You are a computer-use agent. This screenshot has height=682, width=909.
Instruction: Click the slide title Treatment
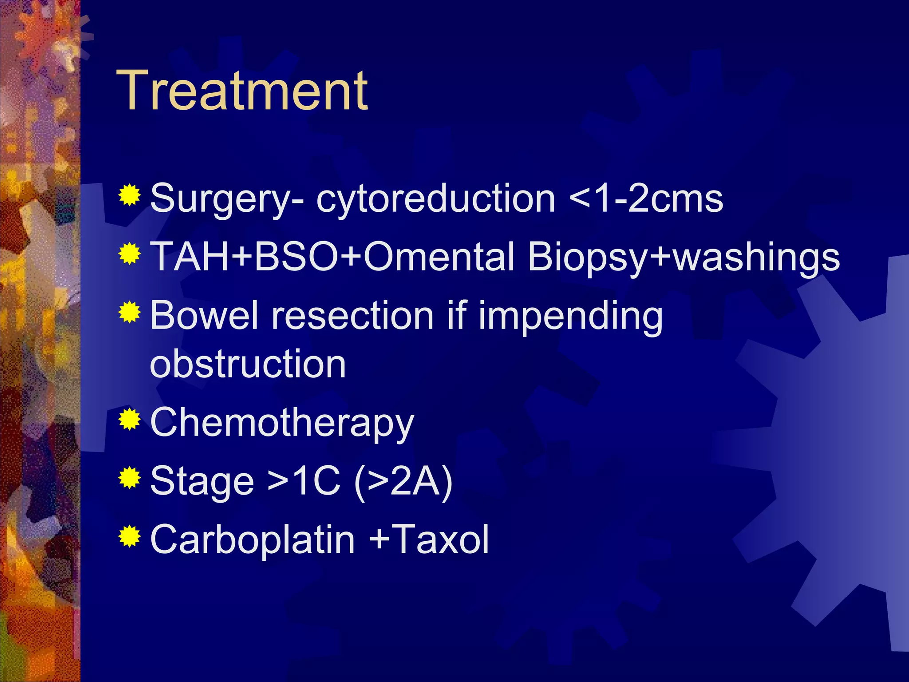point(242,91)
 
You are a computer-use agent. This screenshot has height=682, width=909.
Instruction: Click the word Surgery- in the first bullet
point(227,199)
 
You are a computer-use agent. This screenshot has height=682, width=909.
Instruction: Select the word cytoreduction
point(435,198)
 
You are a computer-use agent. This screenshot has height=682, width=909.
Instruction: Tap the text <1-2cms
point(646,198)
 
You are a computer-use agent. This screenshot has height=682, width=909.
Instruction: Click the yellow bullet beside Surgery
point(130,195)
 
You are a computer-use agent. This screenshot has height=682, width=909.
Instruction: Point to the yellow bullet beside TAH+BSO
point(130,254)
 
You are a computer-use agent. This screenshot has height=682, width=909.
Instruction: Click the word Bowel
point(204,315)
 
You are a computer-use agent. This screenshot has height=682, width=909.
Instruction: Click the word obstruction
point(248,364)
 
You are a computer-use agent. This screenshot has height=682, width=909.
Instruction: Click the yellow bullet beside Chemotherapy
point(130,419)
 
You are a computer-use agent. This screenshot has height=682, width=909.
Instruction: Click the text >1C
point(304,481)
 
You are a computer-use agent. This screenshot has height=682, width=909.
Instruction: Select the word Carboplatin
point(252,539)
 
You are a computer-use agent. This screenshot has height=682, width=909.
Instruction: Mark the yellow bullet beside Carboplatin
point(130,536)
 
